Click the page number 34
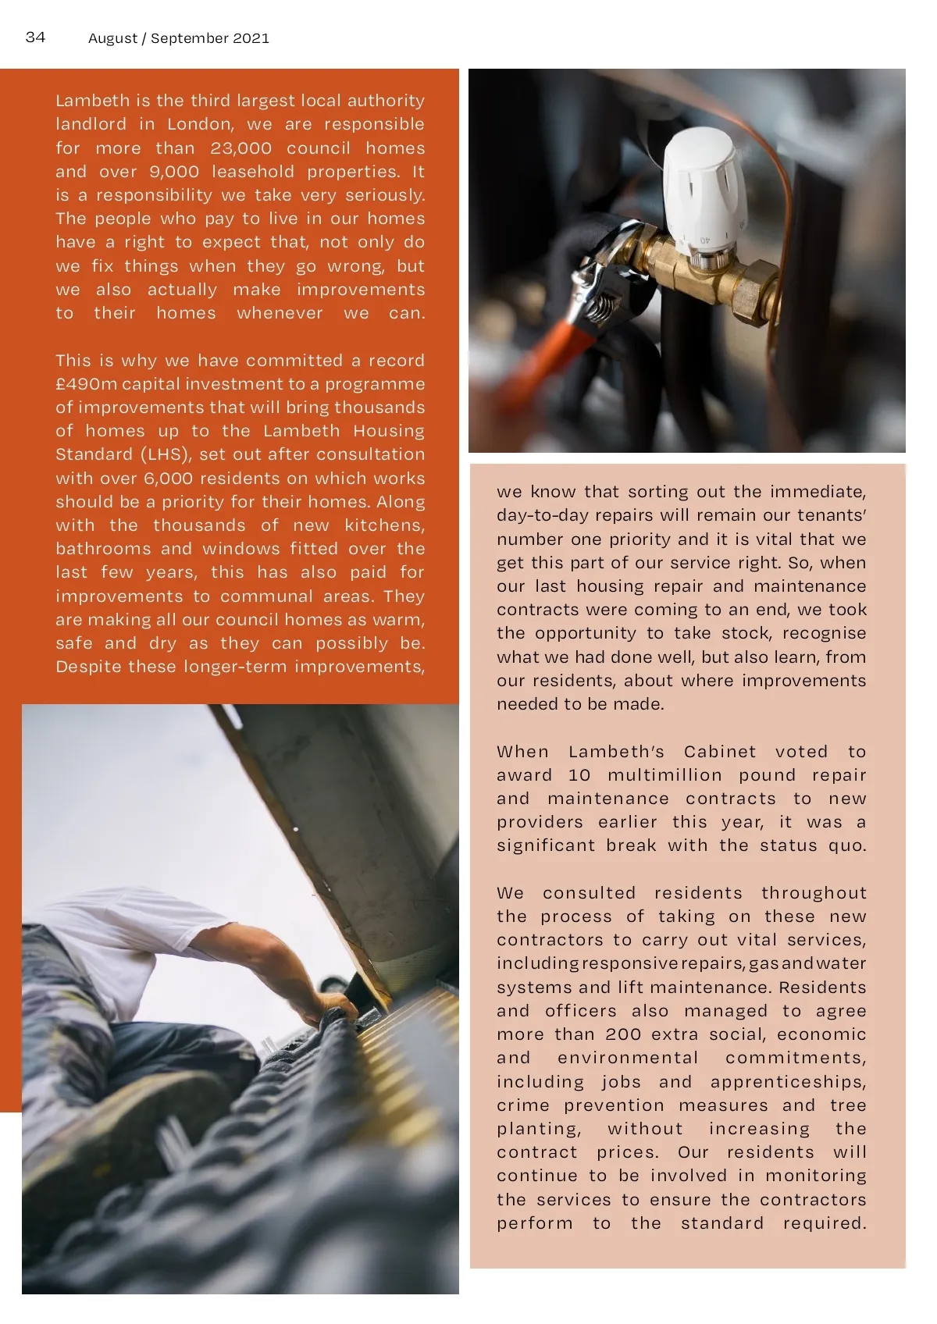click(x=36, y=37)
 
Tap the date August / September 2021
click(x=179, y=38)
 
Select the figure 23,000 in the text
click(x=240, y=148)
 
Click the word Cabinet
click(x=719, y=752)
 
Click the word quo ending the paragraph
click(x=847, y=845)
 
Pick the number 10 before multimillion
click(x=579, y=775)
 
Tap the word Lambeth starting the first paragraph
click(x=92, y=101)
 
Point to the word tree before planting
click(x=848, y=1105)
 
